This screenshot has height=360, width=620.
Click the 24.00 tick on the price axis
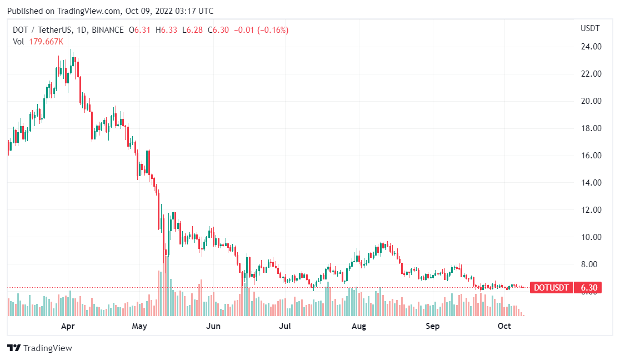coord(591,47)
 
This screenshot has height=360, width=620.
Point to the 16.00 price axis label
coord(591,156)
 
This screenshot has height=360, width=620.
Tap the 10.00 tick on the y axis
coord(591,237)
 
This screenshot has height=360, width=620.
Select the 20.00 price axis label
coord(591,101)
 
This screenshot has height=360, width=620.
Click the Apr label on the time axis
coord(68,326)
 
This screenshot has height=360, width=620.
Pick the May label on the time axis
coord(139,326)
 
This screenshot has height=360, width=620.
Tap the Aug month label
coord(359,326)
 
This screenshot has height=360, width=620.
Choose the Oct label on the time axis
coord(504,326)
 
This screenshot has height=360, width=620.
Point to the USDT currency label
coord(590,28)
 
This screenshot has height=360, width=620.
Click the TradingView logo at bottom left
coord(40,348)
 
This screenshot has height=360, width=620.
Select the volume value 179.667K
coord(46,41)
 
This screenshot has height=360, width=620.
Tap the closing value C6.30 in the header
coord(218,30)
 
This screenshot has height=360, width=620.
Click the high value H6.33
coord(166,30)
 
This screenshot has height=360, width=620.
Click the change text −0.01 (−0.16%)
coord(261,30)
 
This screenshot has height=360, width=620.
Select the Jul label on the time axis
coord(285,326)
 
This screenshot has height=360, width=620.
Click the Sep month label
coord(433,326)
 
